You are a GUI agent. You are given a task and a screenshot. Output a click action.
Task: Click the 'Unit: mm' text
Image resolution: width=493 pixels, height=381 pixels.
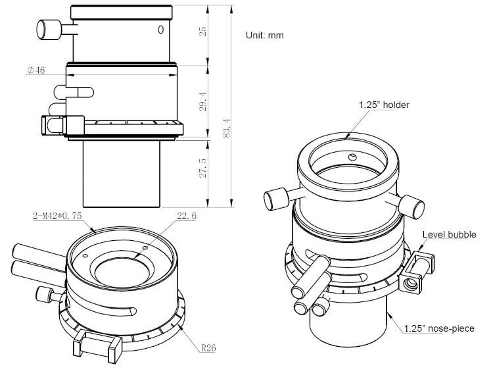(264, 35)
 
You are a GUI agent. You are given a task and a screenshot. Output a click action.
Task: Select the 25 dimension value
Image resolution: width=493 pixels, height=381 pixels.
(204, 32)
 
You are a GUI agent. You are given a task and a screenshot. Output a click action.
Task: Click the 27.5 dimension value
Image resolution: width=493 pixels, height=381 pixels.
(204, 168)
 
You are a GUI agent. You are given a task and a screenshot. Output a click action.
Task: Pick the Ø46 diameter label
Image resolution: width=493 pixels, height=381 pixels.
(36, 70)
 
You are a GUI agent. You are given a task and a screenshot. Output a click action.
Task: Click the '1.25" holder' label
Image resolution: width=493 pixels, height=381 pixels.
(384, 105)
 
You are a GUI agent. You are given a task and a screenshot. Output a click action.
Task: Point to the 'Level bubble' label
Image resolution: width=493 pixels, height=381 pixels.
(449, 234)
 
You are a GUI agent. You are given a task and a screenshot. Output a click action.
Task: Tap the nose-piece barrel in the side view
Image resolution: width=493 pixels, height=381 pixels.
(122, 174)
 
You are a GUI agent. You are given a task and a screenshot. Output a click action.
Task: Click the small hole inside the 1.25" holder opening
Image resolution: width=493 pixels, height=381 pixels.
(353, 157)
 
